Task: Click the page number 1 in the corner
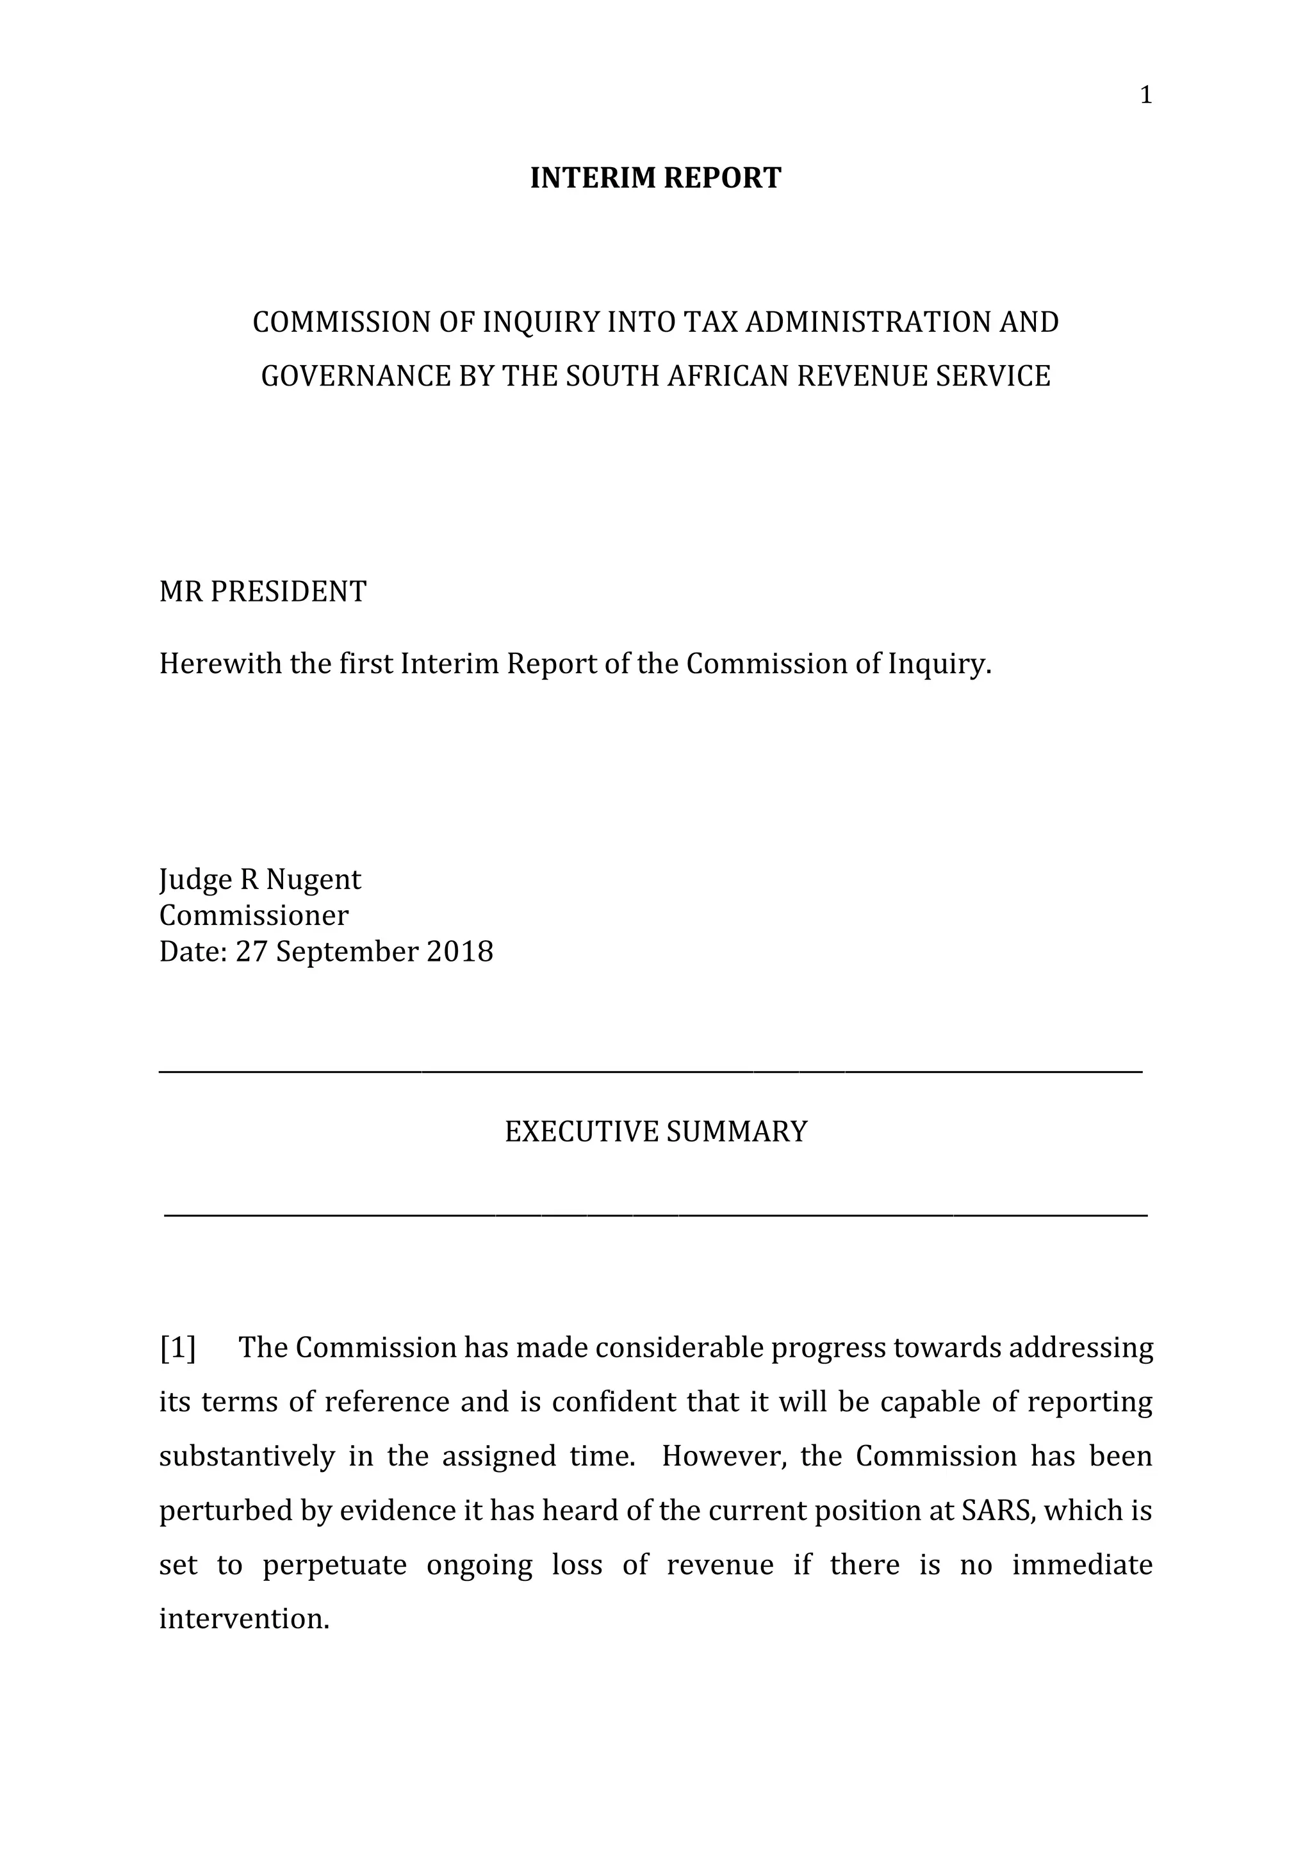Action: (1145, 96)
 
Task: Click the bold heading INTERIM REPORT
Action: (655, 177)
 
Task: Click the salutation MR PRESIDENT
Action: (263, 592)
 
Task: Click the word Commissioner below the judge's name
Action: (254, 915)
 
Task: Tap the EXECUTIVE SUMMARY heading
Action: (655, 1132)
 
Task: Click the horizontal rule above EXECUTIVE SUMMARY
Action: (650, 1072)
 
